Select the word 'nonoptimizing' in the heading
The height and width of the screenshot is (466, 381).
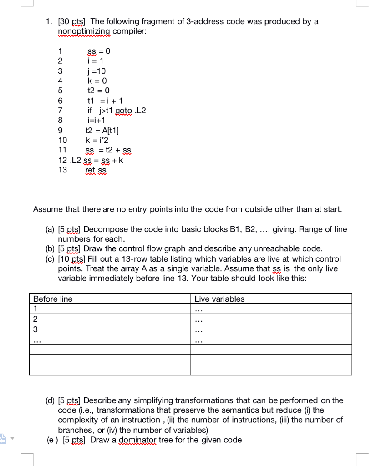pyautogui.click(x=84, y=31)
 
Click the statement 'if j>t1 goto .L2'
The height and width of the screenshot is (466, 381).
pyautogui.click(x=117, y=111)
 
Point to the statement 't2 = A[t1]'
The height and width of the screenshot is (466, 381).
pyautogui.click(x=102, y=130)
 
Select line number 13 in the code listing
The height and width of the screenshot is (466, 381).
pyautogui.click(x=62, y=170)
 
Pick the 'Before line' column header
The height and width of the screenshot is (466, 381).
pyautogui.click(x=53, y=299)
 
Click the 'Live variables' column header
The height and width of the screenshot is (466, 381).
pyautogui.click(x=219, y=299)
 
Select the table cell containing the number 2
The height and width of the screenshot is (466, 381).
pyautogui.click(x=109, y=319)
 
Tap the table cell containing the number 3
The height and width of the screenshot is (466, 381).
pyautogui.click(x=109, y=329)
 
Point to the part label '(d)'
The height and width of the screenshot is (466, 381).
pyautogui.click(x=51, y=400)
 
